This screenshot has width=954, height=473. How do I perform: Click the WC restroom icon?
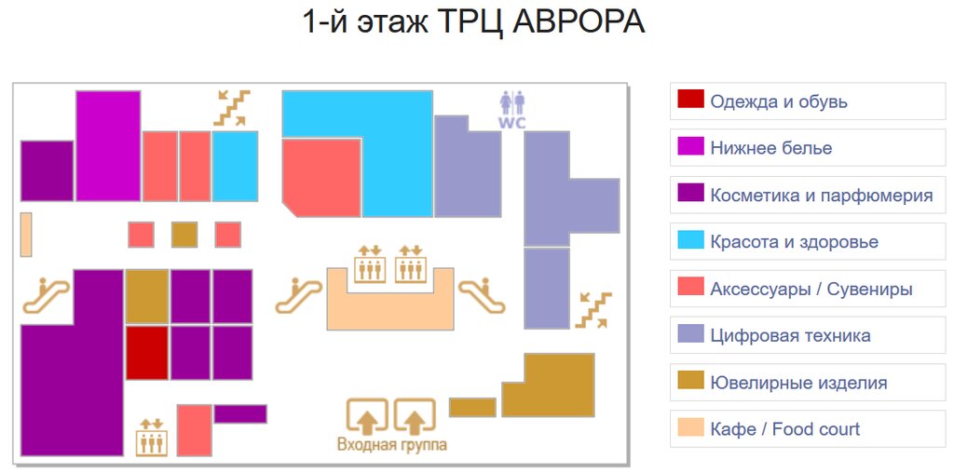(x=512, y=108)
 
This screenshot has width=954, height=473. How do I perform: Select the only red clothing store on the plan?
(x=146, y=352)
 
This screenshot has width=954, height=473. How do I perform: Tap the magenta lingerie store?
(x=108, y=145)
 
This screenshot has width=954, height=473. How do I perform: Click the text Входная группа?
(x=391, y=445)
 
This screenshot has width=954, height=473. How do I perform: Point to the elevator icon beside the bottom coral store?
(x=151, y=437)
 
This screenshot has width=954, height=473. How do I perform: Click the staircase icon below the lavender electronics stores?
(x=593, y=310)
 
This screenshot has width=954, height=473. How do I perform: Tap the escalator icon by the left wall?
(x=47, y=295)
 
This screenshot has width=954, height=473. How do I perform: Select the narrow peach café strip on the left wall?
(x=26, y=234)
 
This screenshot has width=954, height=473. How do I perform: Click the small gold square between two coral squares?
(x=184, y=235)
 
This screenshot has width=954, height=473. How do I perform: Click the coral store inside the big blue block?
(x=320, y=176)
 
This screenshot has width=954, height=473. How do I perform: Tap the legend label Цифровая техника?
(x=790, y=335)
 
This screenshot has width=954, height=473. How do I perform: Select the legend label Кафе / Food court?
(x=784, y=429)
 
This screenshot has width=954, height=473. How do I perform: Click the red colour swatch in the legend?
(x=690, y=101)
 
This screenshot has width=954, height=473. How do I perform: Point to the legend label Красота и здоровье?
(x=794, y=242)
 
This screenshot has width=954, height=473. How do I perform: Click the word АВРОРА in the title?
(x=578, y=22)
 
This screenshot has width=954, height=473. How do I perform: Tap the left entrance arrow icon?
(x=367, y=416)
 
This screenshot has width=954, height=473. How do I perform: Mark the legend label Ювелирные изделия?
(x=798, y=383)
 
